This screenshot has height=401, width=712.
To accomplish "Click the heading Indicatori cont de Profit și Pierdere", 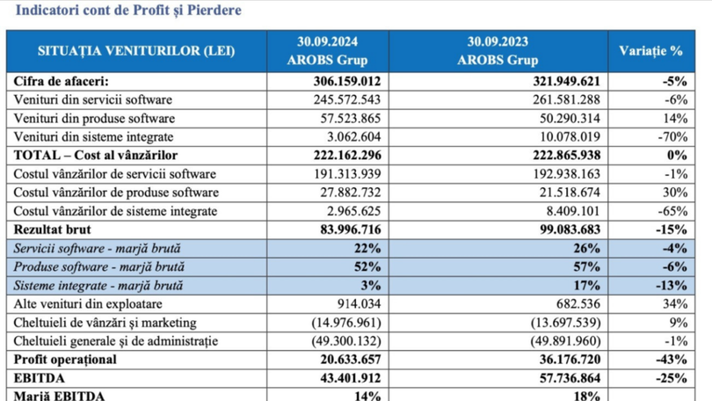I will click(x=123, y=11).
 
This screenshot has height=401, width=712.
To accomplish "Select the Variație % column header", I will click(x=651, y=50).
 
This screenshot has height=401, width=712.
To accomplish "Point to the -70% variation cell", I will click(x=668, y=136).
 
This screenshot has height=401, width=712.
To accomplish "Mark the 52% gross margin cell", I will click(x=367, y=266).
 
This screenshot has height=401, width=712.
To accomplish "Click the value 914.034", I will click(x=355, y=303).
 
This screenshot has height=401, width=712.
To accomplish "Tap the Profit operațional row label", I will click(x=66, y=360).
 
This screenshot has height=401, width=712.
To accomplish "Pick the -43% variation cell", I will click(x=670, y=360).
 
